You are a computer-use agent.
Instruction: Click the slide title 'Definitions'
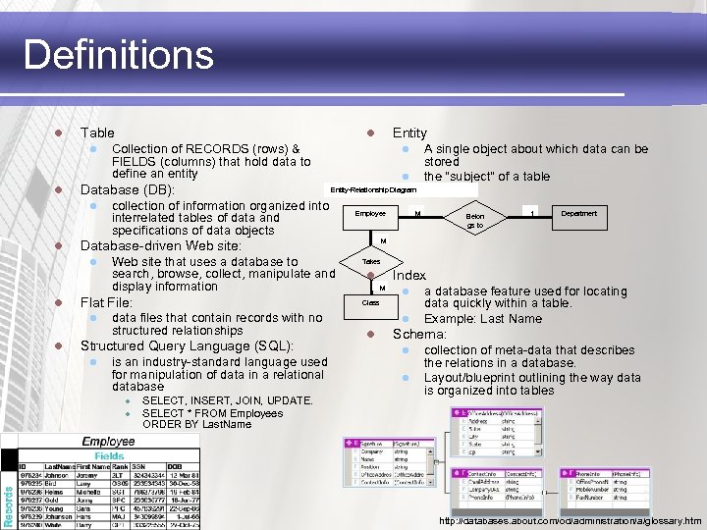[118, 54]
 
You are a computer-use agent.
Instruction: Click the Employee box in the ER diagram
[370, 213]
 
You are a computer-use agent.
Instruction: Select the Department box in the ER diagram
[578, 213]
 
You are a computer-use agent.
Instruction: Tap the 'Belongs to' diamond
[475, 219]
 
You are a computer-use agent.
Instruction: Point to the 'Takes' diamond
[371, 262]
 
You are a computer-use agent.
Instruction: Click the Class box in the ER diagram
[370, 303]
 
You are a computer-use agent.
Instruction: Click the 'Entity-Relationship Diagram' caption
[373, 188]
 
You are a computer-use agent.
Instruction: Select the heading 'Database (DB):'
[127, 189]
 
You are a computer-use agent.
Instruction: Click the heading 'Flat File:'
[106, 302]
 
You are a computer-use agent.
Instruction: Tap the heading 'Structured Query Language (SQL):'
[187, 346]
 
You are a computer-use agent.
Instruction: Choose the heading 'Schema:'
[419, 335]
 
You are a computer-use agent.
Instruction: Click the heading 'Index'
[409, 276]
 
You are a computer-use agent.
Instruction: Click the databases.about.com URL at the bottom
[570, 521]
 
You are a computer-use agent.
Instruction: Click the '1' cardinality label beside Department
[531, 211]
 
